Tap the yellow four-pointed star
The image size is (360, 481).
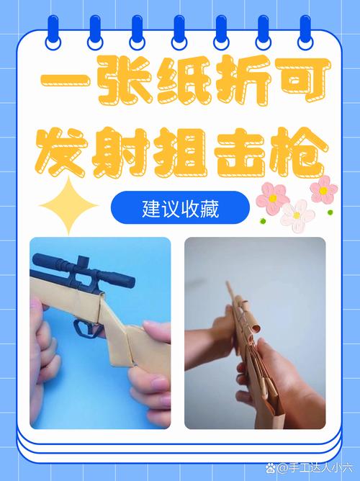pos(68,206)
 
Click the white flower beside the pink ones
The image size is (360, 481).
pos(297,214)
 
